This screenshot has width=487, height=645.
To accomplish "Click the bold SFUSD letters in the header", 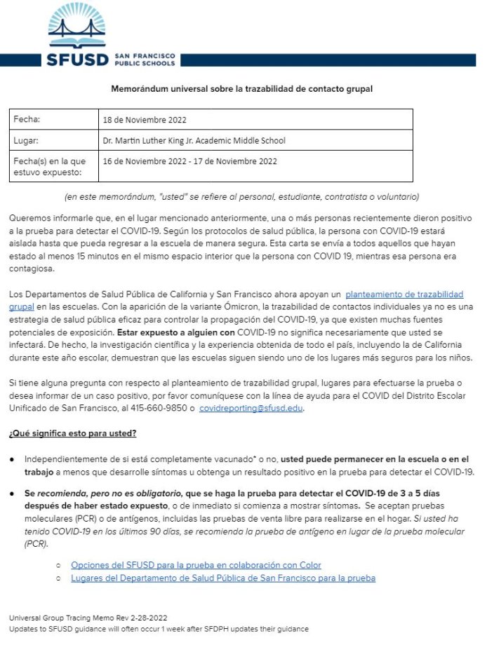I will pyautogui.click(x=77, y=59).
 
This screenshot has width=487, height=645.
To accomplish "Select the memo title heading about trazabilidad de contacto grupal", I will pyautogui.click(x=241, y=89).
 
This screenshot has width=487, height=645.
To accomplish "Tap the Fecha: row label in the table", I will pyautogui.click(x=27, y=119).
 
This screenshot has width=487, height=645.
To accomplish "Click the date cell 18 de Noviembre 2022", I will pyautogui.click(x=145, y=120).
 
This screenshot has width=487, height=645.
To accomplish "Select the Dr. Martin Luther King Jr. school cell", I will pyautogui.click(x=194, y=141).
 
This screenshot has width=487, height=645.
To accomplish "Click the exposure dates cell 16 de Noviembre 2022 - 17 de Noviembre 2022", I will pyautogui.click(x=189, y=161).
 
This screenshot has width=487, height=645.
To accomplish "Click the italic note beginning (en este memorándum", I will pyautogui.click(x=241, y=196).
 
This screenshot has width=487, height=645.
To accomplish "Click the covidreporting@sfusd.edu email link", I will pyautogui.click(x=251, y=408).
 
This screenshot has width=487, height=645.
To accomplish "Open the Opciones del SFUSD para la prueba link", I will pyautogui.click(x=196, y=565).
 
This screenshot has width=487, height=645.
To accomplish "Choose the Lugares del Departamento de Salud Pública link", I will pyautogui.click(x=223, y=578).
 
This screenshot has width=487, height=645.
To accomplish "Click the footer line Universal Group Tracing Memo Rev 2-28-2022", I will pyautogui.click(x=88, y=618).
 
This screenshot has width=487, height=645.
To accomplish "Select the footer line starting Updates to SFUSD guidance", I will pyautogui.click(x=158, y=630).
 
